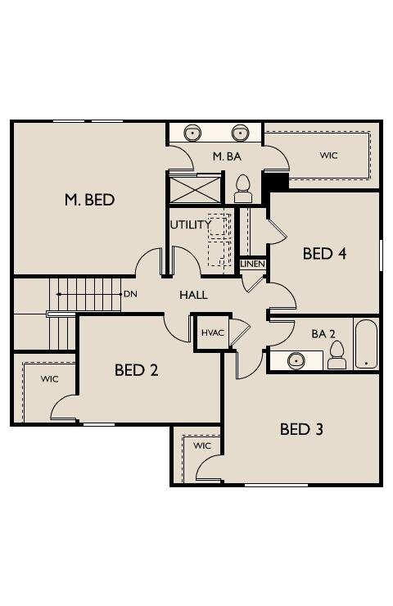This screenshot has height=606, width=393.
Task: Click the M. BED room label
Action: pos(89,199)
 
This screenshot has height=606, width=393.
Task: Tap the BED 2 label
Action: pos(136,370)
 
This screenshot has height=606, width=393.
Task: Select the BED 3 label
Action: pos(301,429)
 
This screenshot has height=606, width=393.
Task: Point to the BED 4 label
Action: pos(324,253)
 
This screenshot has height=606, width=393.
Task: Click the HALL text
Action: pos(193,295)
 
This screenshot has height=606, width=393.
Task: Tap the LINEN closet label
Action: pos(252,265)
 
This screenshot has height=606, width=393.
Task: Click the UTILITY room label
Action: pos(190,224)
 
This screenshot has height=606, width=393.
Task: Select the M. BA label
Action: pos(227,156)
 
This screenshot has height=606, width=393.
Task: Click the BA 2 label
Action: pos(323,333)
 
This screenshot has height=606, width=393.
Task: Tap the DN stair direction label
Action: pos(130,293)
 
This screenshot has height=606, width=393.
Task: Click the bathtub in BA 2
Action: pos(366,344)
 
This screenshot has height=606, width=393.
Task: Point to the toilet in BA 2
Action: pos(337,355)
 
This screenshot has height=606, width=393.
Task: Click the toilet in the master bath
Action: pos(242,188)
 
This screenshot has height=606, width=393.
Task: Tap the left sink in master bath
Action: pos(193,133)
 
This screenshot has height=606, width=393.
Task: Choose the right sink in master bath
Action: pos(240,133)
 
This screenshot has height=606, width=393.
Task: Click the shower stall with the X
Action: pos(195,188)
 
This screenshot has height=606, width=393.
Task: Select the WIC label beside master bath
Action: pos(328,155)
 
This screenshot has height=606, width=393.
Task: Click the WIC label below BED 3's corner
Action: pos(202,445)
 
